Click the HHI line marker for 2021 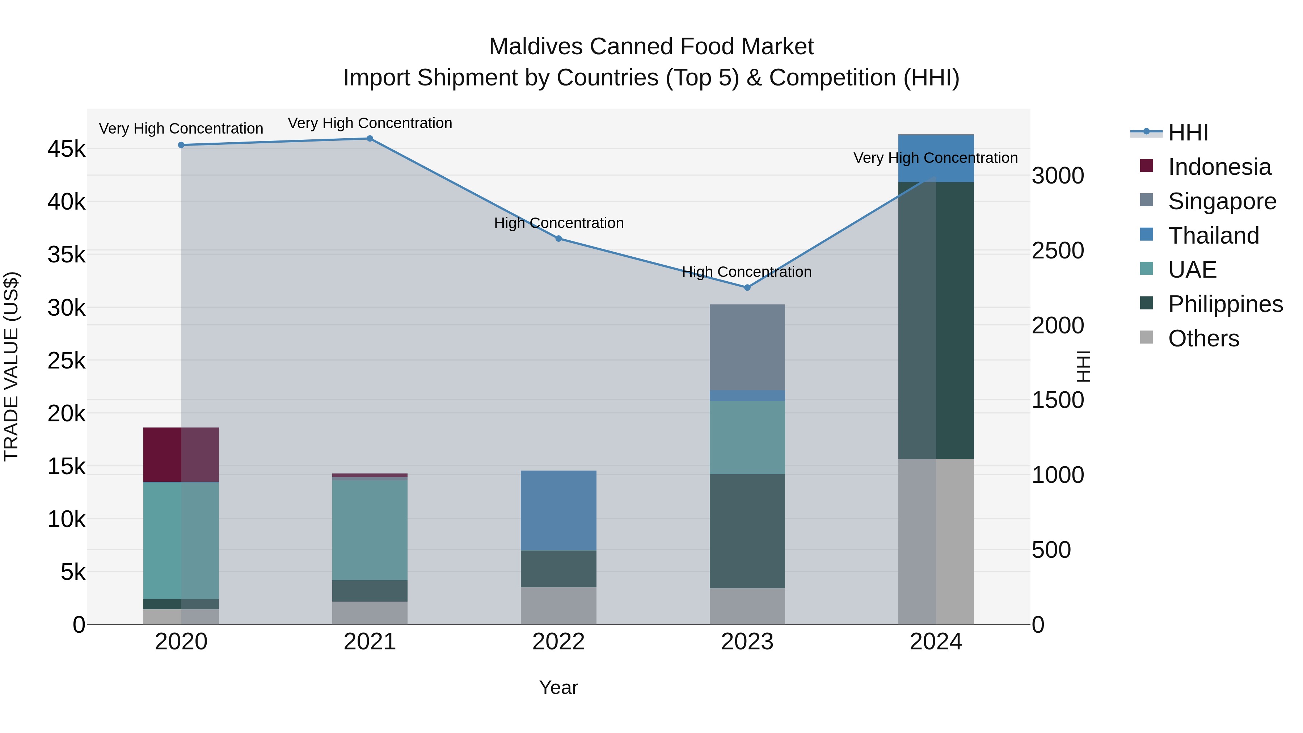point(370,139)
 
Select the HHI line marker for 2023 point(747,287)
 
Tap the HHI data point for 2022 point(558,238)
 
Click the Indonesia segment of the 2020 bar point(181,454)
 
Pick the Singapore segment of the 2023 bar point(747,347)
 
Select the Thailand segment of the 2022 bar point(558,510)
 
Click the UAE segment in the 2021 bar point(370,529)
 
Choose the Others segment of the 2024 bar point(936,541)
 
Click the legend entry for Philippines point(1225,304)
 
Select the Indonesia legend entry point(1219,167)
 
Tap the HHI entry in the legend point(1188,132)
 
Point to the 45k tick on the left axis point(66,149)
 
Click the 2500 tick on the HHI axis point(1058,250)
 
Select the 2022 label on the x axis point(558,642)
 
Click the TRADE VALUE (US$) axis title point(11,366)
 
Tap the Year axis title point(558,687)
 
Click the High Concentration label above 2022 point(558,223)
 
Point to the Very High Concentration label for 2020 point(181,129)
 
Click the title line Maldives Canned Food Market point(651,47)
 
